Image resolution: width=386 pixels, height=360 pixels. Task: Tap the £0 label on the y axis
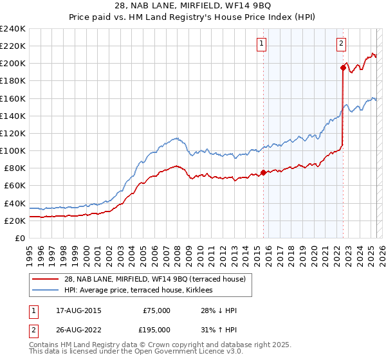tap(21, 238)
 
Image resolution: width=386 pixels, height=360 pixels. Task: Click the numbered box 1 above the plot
tap(262, 44)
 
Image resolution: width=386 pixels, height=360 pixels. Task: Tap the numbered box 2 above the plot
tap(340, 44)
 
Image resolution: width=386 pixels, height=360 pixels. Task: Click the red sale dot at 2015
tap(264, 172)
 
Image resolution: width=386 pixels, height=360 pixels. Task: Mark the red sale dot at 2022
tap(343, 67)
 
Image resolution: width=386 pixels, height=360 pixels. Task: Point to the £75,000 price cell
tap(156, 310)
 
